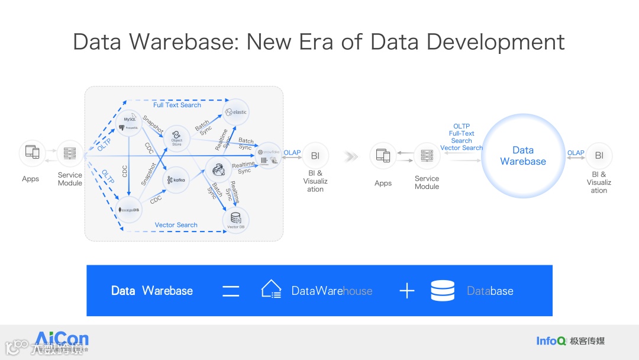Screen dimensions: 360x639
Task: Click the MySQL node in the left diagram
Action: (x=129, y=123)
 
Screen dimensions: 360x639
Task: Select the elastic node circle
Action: (x=235, y=111)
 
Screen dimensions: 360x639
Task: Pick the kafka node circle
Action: (x=176, y=179)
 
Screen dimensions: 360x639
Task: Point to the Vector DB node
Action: (x=235, y=220)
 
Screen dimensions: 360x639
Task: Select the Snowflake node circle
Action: (x=268, y=156)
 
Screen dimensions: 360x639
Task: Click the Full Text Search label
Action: (x=177, y=105)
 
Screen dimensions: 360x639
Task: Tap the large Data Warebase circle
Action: (x=523, y=156)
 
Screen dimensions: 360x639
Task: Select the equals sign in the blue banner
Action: (x=231, y=291)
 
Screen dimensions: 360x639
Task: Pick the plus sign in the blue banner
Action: (x=406, y=291)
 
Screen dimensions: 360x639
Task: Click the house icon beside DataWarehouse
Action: (x=271, y=289)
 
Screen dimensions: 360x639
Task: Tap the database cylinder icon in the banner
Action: (x=443, y=291)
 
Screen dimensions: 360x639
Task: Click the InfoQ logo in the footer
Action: (x=551, y=340)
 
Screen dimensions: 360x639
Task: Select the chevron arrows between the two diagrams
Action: (x=351, y=157)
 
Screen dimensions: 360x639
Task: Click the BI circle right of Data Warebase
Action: (x=599, y=156)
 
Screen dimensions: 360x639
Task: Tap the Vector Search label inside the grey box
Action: (x=176, y=225)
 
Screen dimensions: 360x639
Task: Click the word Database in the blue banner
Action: (x=490, y=291)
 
